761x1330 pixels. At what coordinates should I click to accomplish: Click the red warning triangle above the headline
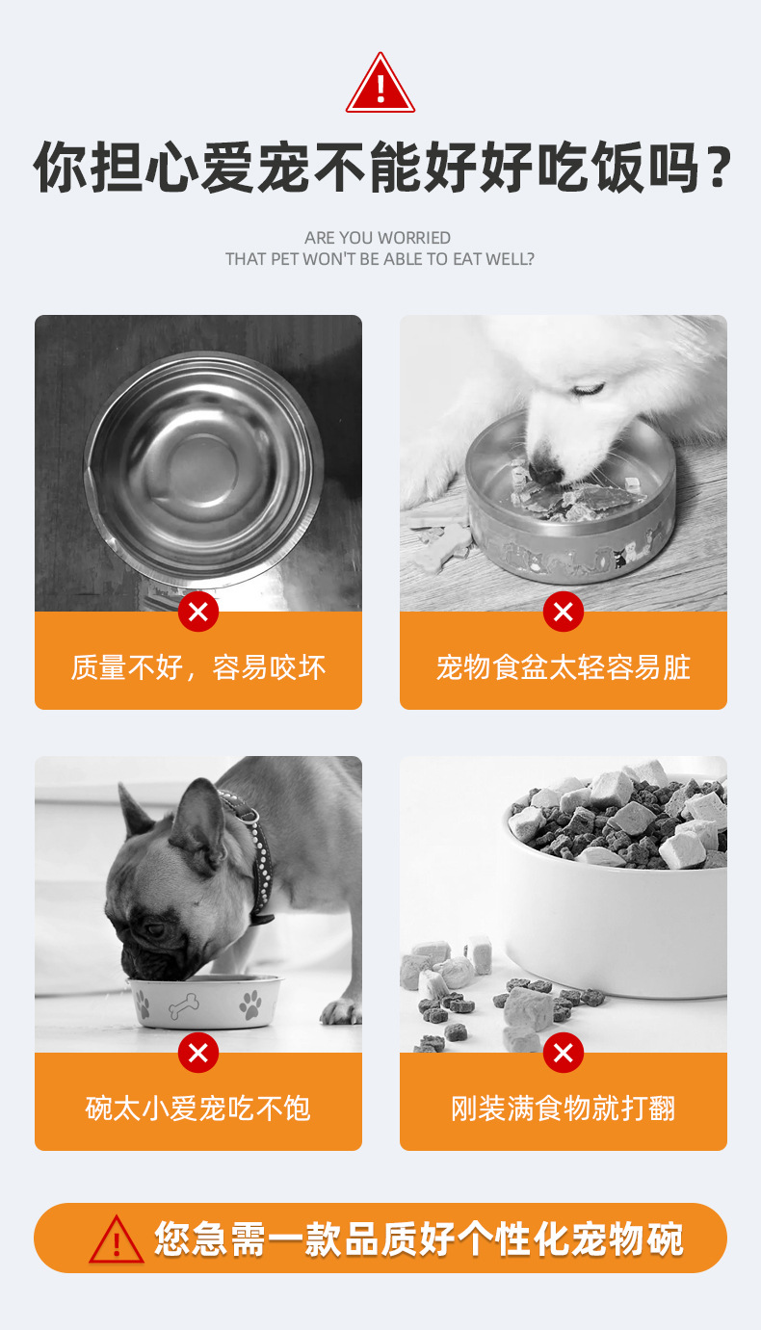click(x=380, y=85)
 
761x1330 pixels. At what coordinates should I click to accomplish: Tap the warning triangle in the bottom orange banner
click(x=117, y=1239)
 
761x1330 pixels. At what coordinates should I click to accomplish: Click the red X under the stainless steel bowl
click(x=198, y=612)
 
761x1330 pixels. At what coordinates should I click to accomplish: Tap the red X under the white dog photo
click(x=564, y=612)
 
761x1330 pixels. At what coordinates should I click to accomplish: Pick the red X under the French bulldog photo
click(x=198, y=1053)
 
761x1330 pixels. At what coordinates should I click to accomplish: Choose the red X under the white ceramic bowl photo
click(x=564, y=1053)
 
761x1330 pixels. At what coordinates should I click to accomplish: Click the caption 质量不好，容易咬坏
click(x=198, y=667)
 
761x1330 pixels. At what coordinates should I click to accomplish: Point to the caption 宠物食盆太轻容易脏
click(x=564, y=667)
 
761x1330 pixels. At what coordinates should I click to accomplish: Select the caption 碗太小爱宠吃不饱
click(x=198, y=1108)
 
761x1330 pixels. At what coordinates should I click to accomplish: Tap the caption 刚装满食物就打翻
click(x=564, y=1108)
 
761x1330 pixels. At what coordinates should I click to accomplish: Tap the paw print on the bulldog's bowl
click(x=250, y=1005)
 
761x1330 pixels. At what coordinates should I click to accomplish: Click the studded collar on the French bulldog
click(x=252, y=848)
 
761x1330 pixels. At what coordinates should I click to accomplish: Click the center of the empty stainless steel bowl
click(x=202, y=468)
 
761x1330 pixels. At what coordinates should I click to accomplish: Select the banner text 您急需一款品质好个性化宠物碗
click(x=419, y=1239)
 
